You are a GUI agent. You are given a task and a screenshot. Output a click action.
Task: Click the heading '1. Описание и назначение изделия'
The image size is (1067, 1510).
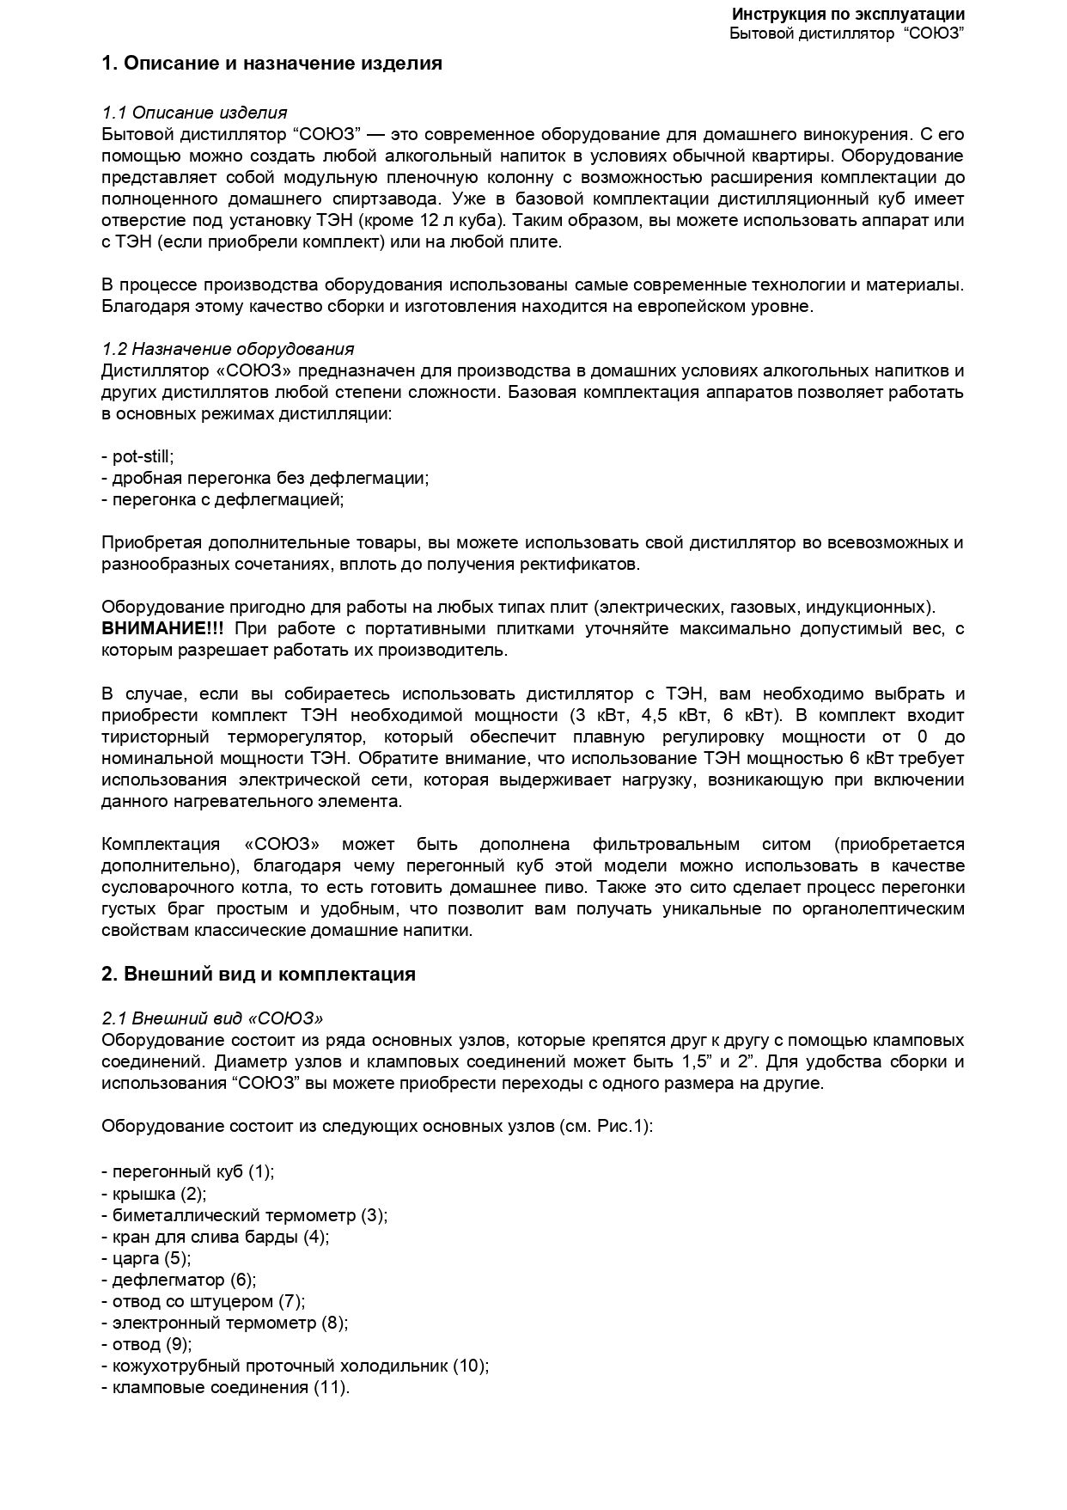pyautogui.click(x=271, y=64)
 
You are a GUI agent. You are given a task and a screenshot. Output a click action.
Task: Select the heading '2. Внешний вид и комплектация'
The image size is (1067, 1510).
pyautogui.click(x=259, y=974)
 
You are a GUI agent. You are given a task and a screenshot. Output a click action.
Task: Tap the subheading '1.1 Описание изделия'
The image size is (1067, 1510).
pyautogui.click(x=194, y=113)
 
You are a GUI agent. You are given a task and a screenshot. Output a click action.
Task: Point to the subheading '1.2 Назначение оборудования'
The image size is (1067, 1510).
pyautogui.click(x=228, y=349)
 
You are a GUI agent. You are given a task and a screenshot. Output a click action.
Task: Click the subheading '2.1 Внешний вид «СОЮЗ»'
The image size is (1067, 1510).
pyautogui.click(x=212, y=1018)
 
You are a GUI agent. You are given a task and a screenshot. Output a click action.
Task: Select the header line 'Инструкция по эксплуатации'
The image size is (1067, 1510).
pyautogui.click(x=847, y=15)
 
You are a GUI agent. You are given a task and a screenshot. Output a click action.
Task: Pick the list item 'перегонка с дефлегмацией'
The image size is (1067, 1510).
pyautogui.click(x=223, y=499)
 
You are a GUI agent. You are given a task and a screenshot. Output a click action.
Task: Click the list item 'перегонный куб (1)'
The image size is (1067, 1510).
pyautogui.click(x=189, y=1171)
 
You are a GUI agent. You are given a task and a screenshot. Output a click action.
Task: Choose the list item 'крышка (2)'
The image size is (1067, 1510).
pyautogui.click(x=155, y=1194)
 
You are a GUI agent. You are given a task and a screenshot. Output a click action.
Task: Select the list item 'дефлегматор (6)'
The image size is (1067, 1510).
pyautogui.click(x=180, y=1280)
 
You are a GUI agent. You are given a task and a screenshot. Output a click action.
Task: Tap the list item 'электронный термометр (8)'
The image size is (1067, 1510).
pyautogui.click(x=226, y=1323)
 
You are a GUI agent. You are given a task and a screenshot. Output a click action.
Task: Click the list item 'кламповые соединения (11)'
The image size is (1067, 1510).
pyautogui.click(x=227, y=1387)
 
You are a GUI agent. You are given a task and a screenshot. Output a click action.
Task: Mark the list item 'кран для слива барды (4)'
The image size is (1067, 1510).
pyautogui.click(x=216, y=1237)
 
